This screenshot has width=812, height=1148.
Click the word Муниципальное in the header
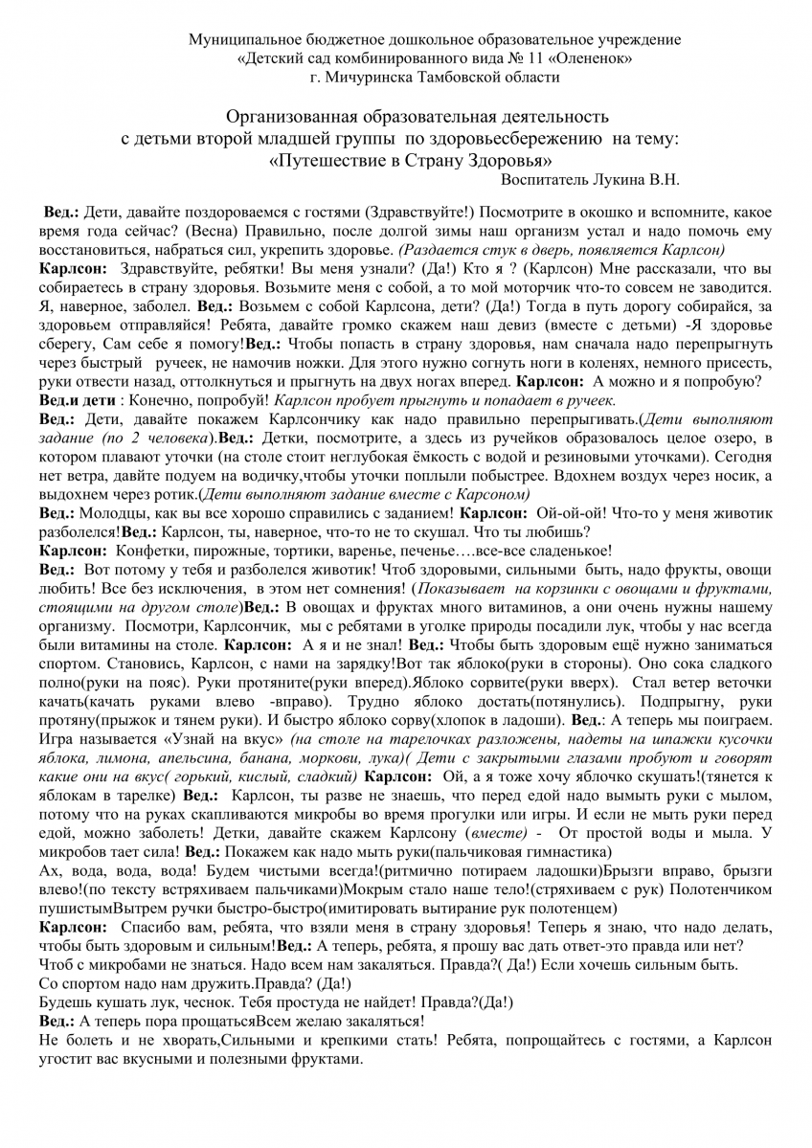pyautogui.click(x=234, y=40)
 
